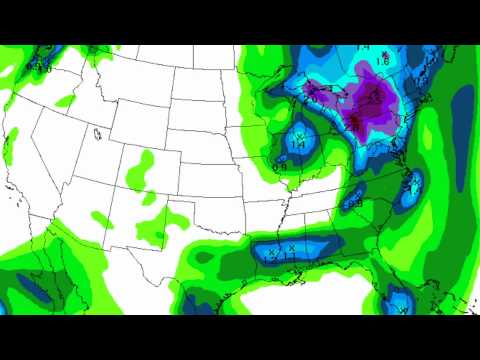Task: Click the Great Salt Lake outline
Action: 97,133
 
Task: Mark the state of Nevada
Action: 55,150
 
